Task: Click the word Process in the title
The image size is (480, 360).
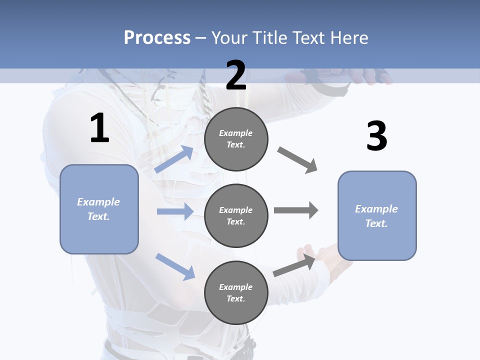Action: point(157,37)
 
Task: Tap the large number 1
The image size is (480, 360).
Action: point(99,128)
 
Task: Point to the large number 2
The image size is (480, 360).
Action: point(236,75)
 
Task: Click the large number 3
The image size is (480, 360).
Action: point(376,136)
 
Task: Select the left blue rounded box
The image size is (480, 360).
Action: point(99,209)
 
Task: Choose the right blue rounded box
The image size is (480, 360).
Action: point(377,216)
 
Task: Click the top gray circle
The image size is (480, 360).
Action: point(236,139)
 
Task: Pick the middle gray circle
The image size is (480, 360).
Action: point(236,215)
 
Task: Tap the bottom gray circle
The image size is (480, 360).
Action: point(236,292)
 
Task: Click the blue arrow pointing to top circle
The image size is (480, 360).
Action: point(174,159)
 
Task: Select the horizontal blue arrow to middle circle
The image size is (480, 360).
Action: point(175,211)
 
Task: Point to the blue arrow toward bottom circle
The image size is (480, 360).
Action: point(175,266)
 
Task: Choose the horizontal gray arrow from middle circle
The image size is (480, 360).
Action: point(295,210)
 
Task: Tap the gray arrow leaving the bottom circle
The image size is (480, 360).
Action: point(294,265)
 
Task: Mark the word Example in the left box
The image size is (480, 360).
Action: point(98,201)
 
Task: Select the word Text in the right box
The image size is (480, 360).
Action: point(376,223)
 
